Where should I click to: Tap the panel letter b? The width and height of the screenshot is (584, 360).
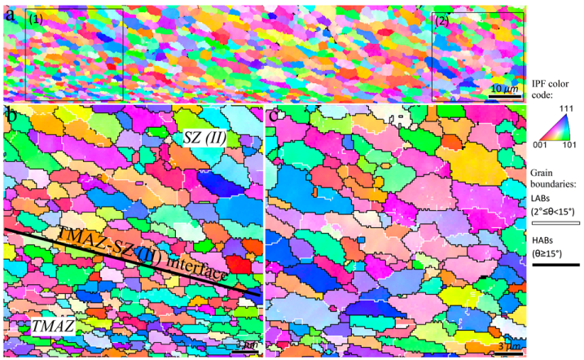click(11, 116)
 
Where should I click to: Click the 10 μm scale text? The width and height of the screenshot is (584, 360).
click(505, 87)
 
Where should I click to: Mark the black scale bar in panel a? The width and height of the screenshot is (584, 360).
click(504, 96)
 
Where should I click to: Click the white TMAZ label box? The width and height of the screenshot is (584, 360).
click(54, 327)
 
